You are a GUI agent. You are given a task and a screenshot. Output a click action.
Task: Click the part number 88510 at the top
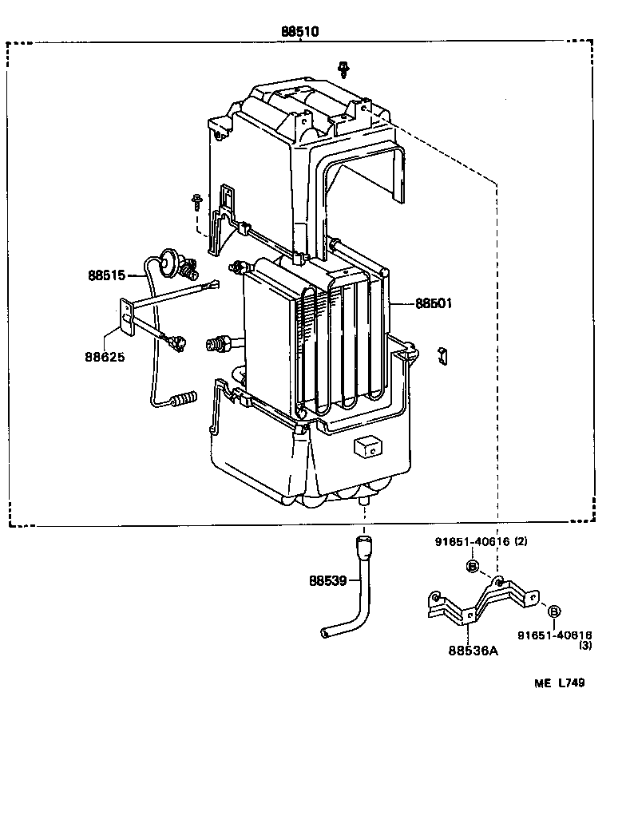299,32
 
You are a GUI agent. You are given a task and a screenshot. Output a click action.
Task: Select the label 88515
106,275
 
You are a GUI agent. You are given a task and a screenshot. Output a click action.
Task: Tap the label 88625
105,357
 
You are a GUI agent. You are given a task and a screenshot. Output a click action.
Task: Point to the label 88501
434,303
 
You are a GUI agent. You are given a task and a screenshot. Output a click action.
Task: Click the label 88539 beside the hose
327,580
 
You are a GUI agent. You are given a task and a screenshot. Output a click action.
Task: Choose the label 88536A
473,650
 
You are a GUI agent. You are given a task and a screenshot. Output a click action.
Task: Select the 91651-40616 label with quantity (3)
555,635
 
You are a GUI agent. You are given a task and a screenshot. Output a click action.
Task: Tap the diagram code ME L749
560,682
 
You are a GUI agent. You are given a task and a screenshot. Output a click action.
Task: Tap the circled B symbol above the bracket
472,566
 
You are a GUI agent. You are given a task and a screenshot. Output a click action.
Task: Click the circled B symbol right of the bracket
553,611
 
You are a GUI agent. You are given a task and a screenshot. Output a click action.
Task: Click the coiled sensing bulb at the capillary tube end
185,397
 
